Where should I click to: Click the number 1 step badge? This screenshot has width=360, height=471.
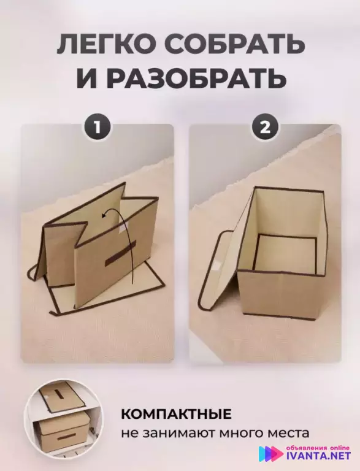[x=98, y=128]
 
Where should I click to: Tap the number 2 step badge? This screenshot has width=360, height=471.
[x=265, y=128]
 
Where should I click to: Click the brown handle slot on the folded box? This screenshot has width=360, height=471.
[x=120, y=253]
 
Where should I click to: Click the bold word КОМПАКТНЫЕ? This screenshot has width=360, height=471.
[x=176, y=413]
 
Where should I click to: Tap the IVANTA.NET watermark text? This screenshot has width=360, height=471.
[x=318, y=456]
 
